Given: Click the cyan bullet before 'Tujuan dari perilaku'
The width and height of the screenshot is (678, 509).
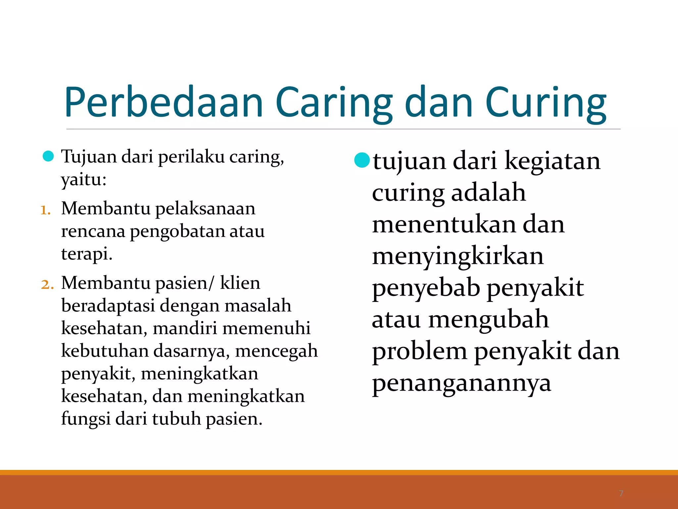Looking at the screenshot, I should click(x=48, y=156).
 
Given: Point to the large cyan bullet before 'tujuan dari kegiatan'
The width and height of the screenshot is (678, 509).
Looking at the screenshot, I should click(x=362, y=160).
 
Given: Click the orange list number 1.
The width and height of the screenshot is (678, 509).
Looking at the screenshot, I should click(x=45, y=210).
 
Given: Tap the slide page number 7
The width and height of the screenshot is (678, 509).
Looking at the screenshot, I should click(x=621, y=493).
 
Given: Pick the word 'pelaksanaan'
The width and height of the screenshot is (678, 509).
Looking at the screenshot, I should click(x=205, y=209).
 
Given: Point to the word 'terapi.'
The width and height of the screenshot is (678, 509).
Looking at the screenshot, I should click(x=87, y=254).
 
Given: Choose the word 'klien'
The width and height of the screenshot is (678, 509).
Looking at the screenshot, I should click(x=240, y=283).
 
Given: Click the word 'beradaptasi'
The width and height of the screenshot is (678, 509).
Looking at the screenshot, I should click(x=108, y=306).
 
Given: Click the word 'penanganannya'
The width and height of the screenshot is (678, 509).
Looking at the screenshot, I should click(x=461, y=384).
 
